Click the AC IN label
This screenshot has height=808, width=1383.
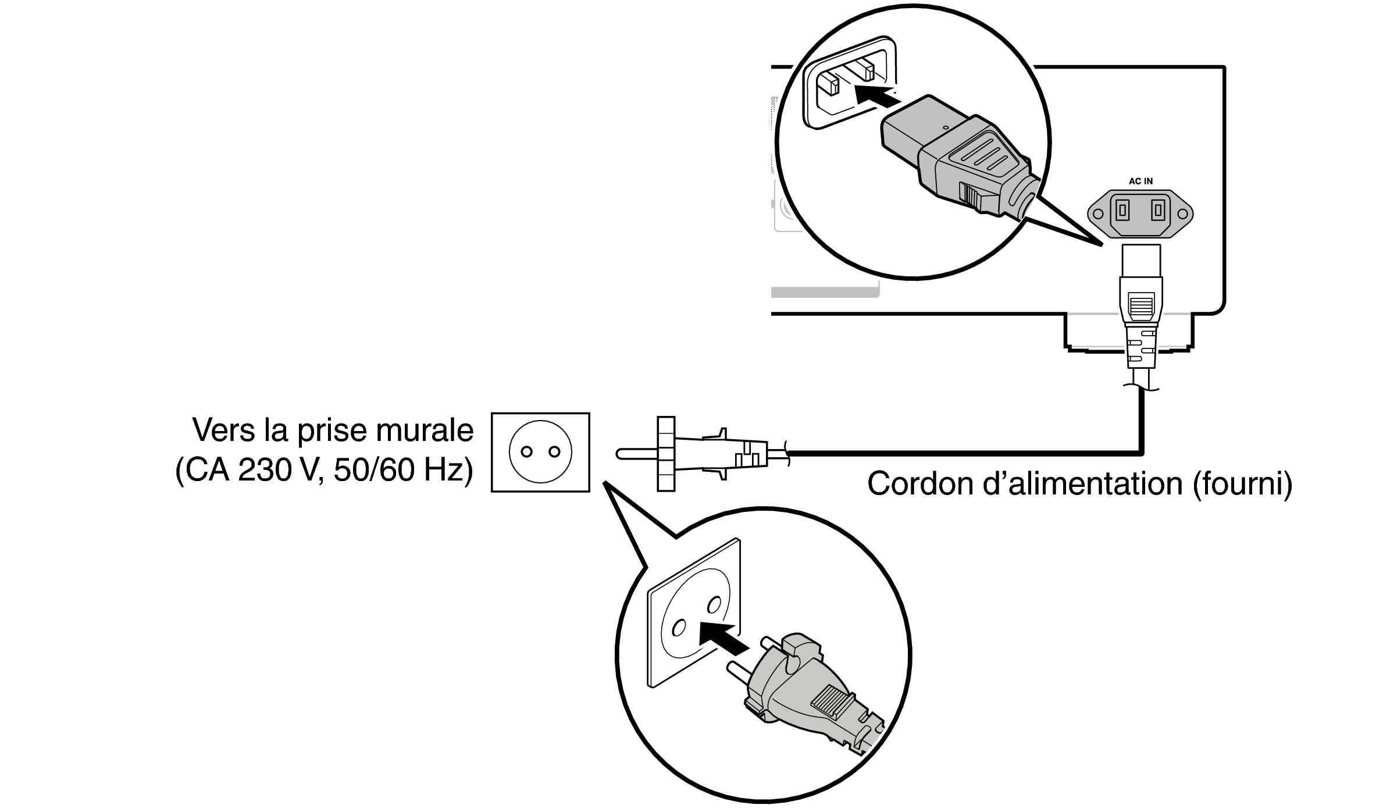pos(1140,181)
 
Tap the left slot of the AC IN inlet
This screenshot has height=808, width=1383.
pos(1122,209)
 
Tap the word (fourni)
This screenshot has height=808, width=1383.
pos(1243,484)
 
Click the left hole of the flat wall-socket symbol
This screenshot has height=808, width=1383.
pos(526,451)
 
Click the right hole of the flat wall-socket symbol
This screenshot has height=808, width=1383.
pos(554,451)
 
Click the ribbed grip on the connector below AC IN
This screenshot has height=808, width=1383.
pos(1140,307)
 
